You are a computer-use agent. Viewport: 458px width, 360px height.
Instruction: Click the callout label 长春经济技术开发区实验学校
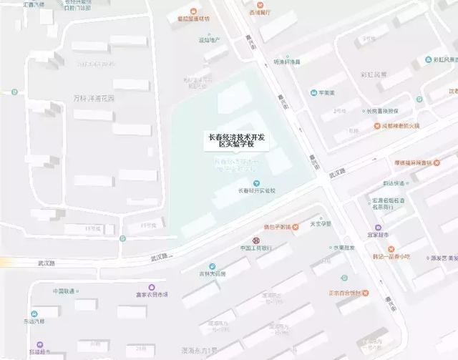point(235,140)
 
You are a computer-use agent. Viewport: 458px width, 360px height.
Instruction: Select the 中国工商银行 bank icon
point(255,239)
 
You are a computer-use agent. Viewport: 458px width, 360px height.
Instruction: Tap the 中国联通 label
point(63,291)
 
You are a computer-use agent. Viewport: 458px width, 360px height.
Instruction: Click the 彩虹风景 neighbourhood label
point(374,74)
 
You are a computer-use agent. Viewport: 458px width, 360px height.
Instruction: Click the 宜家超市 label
point(394,234)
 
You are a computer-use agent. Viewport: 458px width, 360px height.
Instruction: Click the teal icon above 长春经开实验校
point(256,183)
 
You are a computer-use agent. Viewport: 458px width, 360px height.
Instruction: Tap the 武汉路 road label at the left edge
point(47,263)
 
